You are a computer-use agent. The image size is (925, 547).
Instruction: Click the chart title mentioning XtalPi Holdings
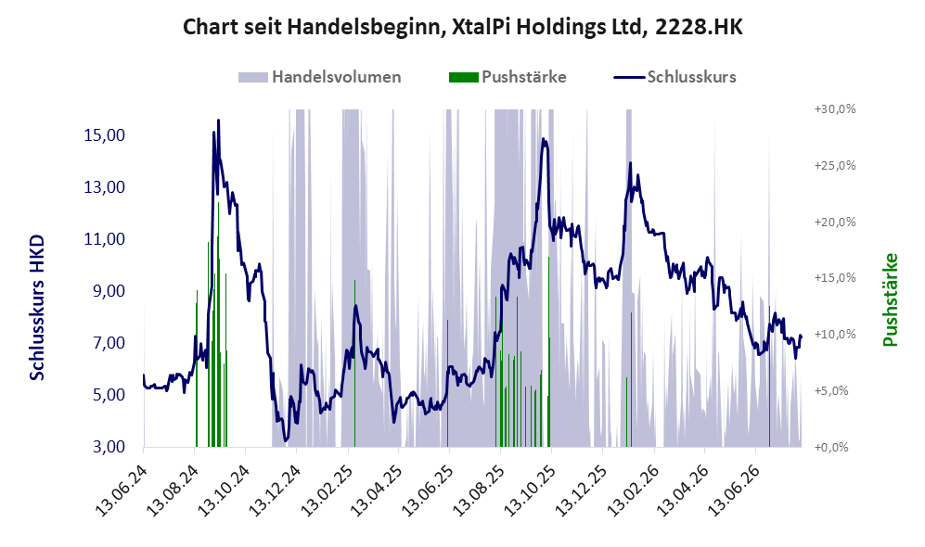[462, 27]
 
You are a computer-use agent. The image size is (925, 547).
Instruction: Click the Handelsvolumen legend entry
[319, 77]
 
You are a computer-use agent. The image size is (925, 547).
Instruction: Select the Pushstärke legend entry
[507, 77]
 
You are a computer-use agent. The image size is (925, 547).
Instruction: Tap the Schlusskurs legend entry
[674, 77]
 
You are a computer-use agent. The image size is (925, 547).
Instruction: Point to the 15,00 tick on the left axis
[105, 135]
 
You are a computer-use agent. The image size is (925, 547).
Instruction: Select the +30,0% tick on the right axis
[835, 109]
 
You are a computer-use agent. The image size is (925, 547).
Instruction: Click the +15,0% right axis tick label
[835, 277]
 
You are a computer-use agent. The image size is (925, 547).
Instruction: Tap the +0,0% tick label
[831, 448]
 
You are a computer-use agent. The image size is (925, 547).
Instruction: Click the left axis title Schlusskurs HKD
[37, 309]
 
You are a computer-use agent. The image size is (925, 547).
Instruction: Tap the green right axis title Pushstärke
[890, 300]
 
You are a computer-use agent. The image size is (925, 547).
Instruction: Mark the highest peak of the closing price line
[218, 121]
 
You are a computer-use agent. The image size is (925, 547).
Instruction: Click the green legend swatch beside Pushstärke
[463, 77]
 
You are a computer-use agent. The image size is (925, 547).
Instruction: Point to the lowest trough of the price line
[286, 440]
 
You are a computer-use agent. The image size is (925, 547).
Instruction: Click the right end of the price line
[801, 337]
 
